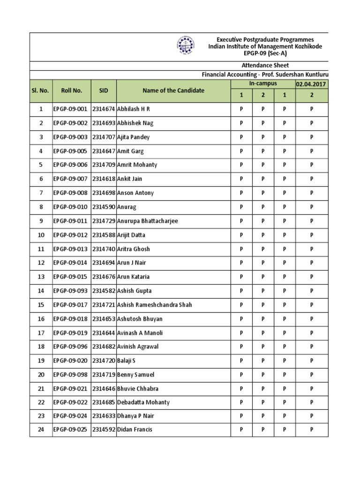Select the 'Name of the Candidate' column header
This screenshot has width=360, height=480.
tap(173, 90)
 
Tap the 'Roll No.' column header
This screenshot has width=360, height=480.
tap(71, 90)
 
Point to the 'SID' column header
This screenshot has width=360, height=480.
tap(104, 90)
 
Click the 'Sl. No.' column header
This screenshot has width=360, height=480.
tap(41, 90)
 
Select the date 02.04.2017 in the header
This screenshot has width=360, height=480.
tap(312, 84)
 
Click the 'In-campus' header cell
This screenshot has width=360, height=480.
tap(263, 83)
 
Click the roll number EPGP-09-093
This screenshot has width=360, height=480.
tap(70, 291)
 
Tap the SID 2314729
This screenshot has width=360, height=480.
tap(104, 221)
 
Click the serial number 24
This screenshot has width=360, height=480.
tap(41, 430)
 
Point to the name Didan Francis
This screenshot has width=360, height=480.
tap(135, 430)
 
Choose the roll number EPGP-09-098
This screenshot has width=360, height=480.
tap(70, 375)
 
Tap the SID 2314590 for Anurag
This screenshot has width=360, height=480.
tap(104, 207)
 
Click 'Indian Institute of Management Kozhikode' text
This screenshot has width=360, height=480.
tap(265, 47)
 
